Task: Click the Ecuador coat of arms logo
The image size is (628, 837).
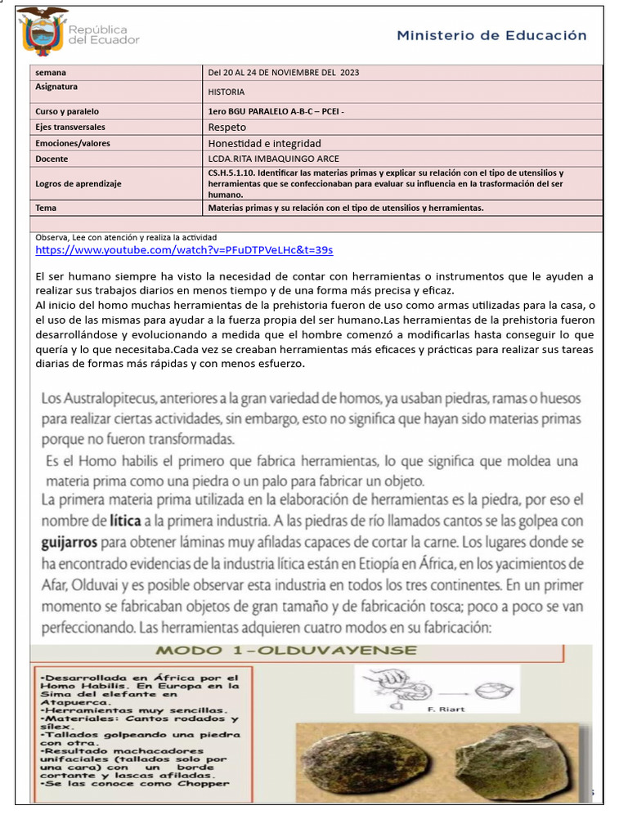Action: (x=43, y=31)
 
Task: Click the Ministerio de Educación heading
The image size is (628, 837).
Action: (x=491, y=36)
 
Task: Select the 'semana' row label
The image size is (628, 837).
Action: (x=51, y=73)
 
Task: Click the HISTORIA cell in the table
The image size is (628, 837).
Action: (x=227, y=92)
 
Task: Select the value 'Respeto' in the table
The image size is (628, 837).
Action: (x=227, y=128)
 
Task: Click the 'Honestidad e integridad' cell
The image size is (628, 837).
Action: (x=264, y=143)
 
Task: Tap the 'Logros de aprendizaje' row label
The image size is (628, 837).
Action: (x=78, y=184)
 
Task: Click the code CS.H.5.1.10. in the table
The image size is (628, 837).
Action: (x=235, y=173)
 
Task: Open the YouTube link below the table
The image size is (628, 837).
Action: (x=184, y=250)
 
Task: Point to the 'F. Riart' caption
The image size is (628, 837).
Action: (x=446, y=709)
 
